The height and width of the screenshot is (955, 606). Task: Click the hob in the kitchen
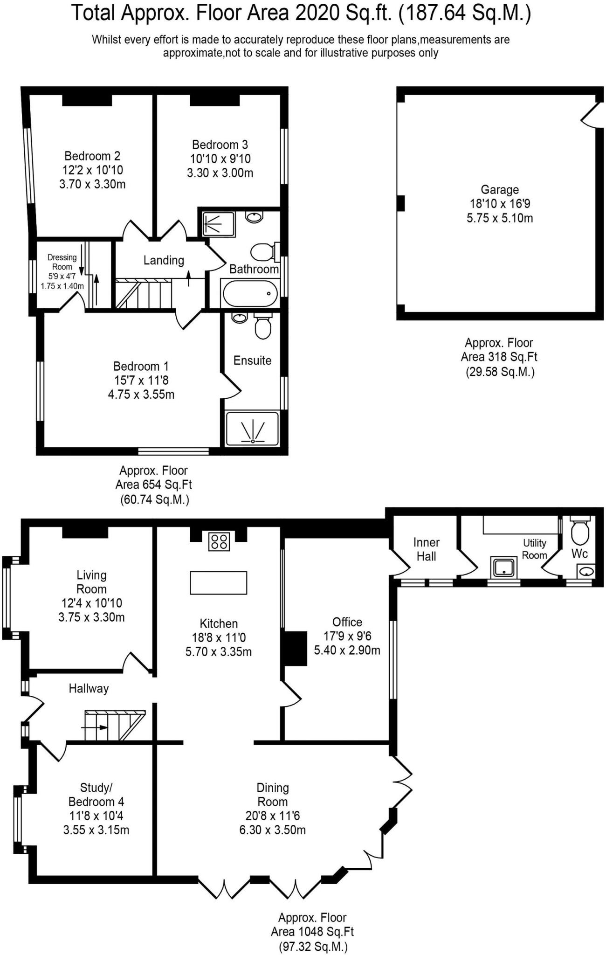coord(220,541)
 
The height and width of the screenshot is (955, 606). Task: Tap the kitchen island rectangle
coord(218,582)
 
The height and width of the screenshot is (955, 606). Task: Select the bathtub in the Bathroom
coord(250,293)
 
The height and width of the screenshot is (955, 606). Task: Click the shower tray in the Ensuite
coord(252,429)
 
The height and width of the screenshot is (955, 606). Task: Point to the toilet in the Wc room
coord(580,531)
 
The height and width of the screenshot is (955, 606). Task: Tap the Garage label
coord(500,190)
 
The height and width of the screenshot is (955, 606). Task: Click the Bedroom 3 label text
coord(220,145)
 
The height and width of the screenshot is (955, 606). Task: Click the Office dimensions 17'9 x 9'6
coord(347,636)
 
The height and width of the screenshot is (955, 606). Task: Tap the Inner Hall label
coord(426,549)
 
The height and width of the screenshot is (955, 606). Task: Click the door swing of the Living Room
coord(137,661)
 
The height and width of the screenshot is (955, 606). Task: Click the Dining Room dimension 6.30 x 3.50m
coord(272,830)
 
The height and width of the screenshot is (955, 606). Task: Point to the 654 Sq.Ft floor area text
coord(154,485)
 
